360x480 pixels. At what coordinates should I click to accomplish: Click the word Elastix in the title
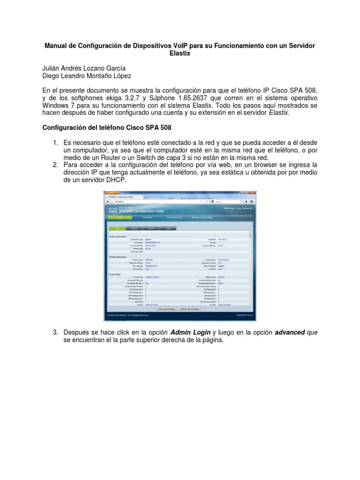(180, 54)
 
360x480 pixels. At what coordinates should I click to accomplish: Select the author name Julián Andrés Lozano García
(84, 68)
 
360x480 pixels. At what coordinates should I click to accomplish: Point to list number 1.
(55, 142)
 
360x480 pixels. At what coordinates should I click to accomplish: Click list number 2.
(55, 165)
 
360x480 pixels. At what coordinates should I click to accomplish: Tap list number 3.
(55, 332)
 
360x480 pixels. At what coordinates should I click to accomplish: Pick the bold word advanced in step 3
(290, 332)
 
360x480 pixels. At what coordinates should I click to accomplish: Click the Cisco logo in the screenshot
(112, 210)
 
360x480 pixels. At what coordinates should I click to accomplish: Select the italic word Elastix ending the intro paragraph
(279, 112)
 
